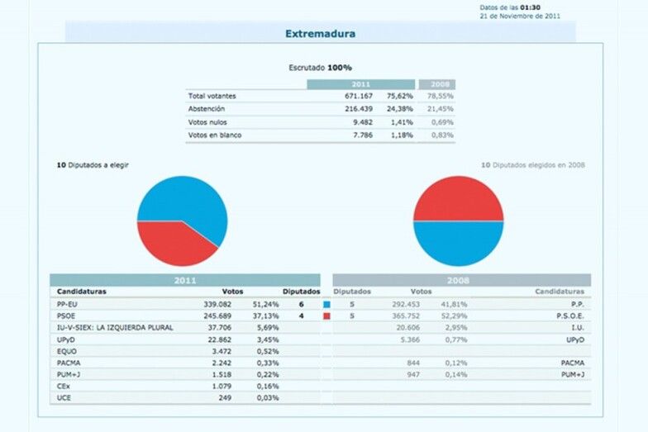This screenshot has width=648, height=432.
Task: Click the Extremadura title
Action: [x=320, y=34]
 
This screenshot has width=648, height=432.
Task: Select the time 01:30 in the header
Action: [x=530, y=7]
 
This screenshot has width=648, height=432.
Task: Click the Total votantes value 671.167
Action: [x=360, y=96]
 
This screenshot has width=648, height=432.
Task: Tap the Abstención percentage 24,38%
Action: [x=400, y=108]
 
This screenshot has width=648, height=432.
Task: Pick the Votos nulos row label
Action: [x=207, y=121]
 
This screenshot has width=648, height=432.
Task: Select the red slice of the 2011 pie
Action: [x=169, y=244]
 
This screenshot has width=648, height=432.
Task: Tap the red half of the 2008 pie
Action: [x=458, y=198]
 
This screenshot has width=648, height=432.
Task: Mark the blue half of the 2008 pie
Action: [x=458, y=244]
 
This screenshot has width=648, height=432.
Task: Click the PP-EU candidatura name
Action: [x=68, y=304]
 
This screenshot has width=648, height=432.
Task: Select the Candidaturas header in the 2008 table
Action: [x=559, y=292]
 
